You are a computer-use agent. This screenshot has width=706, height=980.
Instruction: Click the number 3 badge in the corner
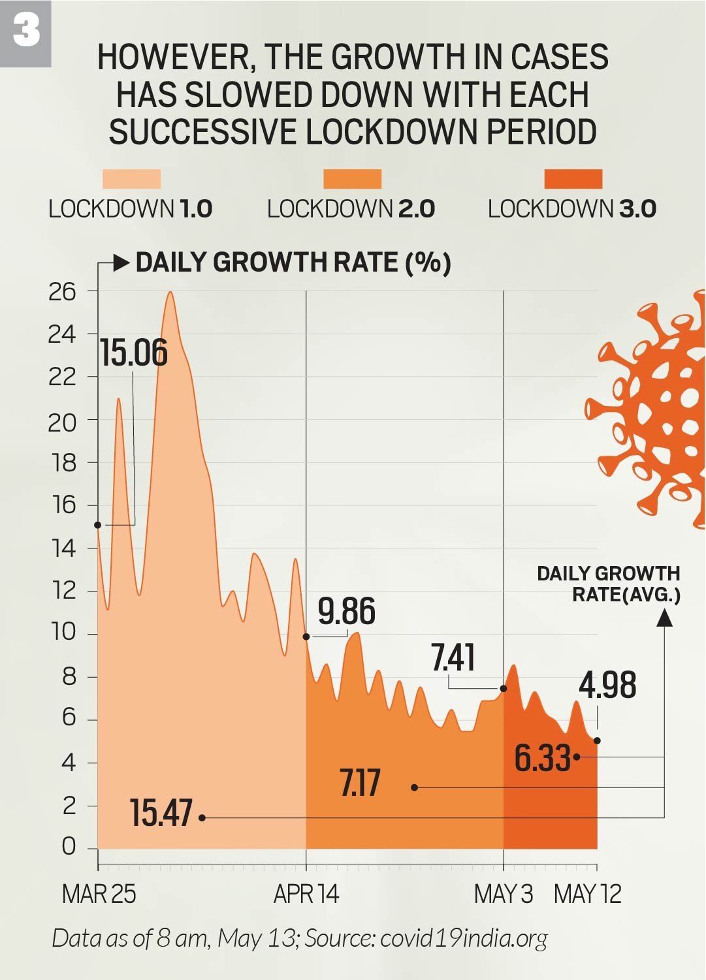click(25, 32)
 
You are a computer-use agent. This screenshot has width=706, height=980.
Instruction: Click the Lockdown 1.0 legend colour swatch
click(131, 179)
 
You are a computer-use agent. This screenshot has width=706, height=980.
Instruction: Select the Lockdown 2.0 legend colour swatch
click(352, 179)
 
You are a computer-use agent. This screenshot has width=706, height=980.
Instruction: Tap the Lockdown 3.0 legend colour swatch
click(573, 179)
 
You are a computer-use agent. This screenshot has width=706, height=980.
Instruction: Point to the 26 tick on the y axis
click(63, 292)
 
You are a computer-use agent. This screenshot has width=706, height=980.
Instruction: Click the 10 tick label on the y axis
click(63, 632)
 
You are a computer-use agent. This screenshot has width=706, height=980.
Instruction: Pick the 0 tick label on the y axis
click(69, 846)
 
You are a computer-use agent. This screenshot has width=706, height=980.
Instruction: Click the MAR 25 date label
click(99, 894)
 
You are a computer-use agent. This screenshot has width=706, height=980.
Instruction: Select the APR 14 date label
click(306, 894)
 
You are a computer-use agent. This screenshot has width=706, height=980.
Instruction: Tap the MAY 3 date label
click(504, 894)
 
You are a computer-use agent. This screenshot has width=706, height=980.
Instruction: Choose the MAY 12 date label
click(588, 894)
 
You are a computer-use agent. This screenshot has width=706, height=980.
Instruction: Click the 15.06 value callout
click(134, 353)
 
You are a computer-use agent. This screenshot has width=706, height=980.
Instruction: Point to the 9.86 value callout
click(346, 612)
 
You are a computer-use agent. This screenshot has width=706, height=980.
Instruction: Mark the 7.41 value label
click(453, 657)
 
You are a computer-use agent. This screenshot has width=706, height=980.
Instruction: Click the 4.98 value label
click(607, 686)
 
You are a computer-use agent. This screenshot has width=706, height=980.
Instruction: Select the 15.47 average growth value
click(161, 814)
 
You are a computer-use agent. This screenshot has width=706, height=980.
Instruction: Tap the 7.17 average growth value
click(360, 783)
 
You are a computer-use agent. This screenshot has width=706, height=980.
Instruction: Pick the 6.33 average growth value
click(543, 758)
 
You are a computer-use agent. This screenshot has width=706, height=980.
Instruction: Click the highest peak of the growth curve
click(170, 292)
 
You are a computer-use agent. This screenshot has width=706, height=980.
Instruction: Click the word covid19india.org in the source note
click(464, 938)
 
